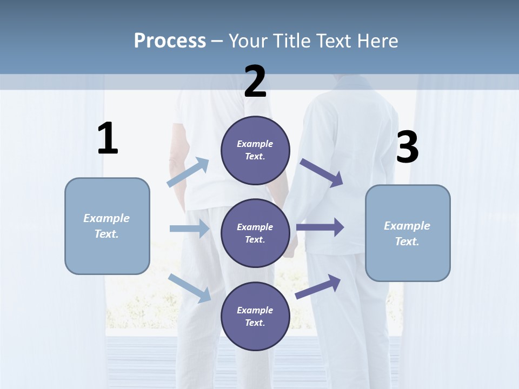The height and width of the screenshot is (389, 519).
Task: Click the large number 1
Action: (108, 138)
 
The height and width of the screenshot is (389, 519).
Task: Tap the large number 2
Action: (255, 82)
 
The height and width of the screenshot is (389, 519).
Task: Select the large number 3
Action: (407, 147)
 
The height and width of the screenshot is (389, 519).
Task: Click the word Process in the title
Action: (170, 41)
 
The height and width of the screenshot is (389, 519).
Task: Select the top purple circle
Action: (255, 150)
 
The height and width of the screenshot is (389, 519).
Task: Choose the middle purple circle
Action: (255, 233)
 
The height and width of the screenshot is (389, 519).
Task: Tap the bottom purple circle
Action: (255, 316)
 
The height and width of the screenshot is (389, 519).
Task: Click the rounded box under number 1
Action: (107, 226)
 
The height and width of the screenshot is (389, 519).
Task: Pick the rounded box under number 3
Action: (408, 233)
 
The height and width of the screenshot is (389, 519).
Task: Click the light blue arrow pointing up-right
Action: (188, 172)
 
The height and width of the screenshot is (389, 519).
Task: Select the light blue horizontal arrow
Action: (189, 229)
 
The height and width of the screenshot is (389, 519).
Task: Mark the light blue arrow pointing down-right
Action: (190, 287)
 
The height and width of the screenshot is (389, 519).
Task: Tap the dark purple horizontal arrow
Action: (320, 227)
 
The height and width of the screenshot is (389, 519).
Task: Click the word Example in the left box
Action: (107, 218)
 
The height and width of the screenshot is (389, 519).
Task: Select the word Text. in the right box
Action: (407, 242)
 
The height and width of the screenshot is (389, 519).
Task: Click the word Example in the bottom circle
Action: (255, 310)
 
